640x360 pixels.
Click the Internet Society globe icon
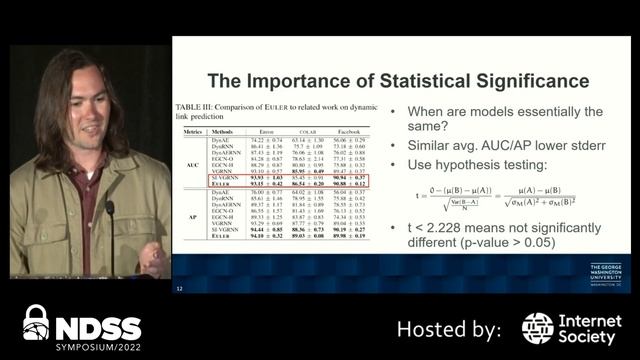pyautogui.click(x=537, y=328)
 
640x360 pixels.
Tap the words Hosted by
pyautogui.click(x=448, y=328)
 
